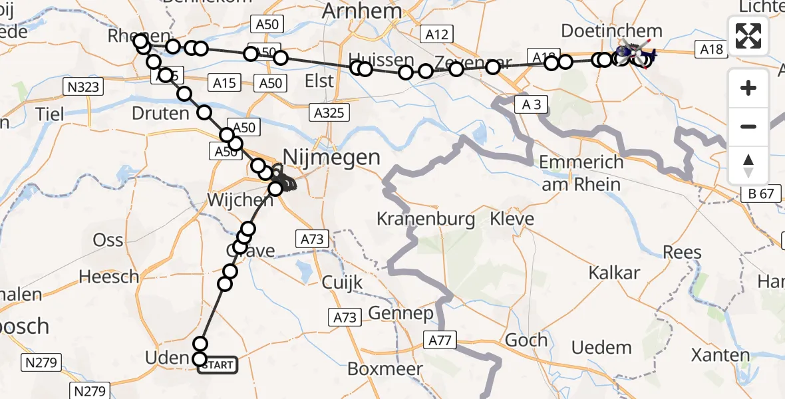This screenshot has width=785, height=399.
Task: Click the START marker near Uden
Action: (217, 365)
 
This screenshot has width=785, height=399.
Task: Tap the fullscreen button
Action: (748, 36)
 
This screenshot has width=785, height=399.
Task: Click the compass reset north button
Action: (748, 166)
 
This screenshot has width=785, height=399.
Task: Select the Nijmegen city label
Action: (332, 158)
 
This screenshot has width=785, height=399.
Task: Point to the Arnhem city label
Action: (363, 11)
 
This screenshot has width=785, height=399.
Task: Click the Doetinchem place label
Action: (611, 31)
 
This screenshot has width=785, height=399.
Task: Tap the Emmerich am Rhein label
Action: (581, 173)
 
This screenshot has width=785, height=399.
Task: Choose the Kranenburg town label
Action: (426, 219)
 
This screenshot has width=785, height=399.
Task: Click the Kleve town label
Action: (512, 219)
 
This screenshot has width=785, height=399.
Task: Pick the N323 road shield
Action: (82, 86)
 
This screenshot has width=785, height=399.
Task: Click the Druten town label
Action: (160, 113)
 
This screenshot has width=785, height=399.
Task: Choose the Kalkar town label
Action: (614, 273)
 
